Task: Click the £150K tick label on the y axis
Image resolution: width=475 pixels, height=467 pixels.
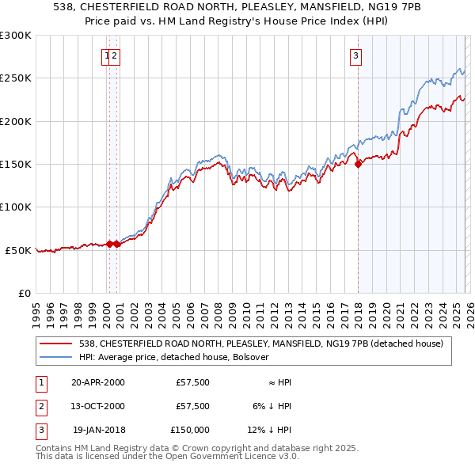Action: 16,164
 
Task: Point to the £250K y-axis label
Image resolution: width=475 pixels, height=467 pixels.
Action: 16,78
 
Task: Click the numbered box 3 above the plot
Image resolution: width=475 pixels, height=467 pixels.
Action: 356,55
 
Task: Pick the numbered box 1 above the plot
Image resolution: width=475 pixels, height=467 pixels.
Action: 106,55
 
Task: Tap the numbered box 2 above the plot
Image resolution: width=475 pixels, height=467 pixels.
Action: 115,55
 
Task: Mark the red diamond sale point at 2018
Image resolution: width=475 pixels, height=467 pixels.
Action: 358,164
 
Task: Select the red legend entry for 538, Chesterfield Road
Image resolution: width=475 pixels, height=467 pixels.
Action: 265,344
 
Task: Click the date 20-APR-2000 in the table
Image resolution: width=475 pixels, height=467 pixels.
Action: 98,382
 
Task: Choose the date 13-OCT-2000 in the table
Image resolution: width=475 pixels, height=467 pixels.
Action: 98,406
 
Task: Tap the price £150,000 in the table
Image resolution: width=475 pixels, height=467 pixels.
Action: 190,430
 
